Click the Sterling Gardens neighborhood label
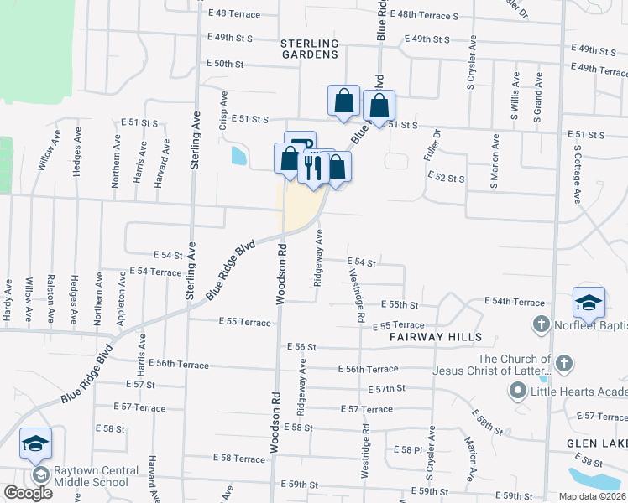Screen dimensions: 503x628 (x=309, y=49)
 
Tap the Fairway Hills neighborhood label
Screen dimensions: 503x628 (x=435, y=337)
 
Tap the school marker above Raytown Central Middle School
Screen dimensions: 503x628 (x=36, y=444)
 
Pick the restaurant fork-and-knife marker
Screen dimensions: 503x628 (x=312, y=167)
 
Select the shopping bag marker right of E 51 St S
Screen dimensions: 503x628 (x=379, y=106)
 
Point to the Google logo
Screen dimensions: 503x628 (x=28, y=494)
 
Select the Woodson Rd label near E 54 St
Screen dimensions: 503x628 (x=283, y=272)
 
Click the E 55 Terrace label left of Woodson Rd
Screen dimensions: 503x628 (x=244, y=323)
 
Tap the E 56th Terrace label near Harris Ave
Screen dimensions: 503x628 (x=181, y=364)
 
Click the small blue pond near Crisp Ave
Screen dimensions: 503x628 (x=237, y=155)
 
